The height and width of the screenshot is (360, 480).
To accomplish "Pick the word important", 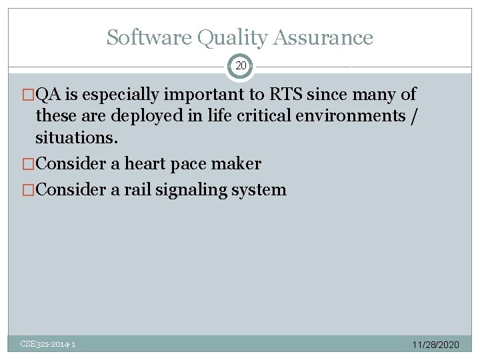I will (x=207, y=94).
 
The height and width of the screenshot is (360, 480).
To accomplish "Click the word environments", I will (x=358, y=115).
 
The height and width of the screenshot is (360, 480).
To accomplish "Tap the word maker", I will (x=237, y=163).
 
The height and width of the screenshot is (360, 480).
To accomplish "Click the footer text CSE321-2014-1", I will (x=48, y=344).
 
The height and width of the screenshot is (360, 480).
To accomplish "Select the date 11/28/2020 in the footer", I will (x=436, y=345).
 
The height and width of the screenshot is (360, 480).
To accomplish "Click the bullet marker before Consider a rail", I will (x=29, y=190).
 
